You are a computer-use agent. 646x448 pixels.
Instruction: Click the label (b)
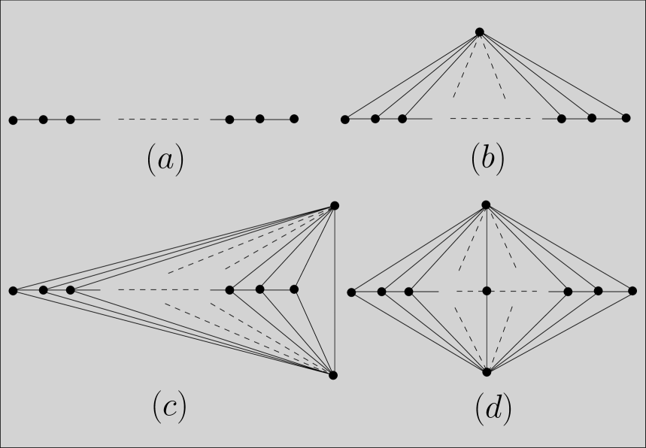[x=487, y=160]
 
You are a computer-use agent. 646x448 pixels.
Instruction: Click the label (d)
[x=493, y=409]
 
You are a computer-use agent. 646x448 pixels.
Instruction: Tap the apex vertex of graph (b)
[x=479, y=32]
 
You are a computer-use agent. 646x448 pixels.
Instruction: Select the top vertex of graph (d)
[x=486, y=204]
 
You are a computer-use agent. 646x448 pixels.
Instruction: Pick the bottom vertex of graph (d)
[x=487, y=372]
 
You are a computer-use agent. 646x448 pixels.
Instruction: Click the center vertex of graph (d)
[x=487, y=290]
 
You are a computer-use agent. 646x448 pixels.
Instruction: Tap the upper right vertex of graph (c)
[x=335, y=205]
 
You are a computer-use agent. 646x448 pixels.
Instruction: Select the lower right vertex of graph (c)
[x=334, y=375]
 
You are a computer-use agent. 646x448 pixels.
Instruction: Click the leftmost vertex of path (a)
[x=13, y=120]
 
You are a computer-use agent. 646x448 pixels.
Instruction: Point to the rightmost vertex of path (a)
[x=294, y=119]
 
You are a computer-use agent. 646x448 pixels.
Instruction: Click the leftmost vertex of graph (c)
[x=13, y=290]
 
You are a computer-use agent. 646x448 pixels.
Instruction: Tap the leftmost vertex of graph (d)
[x=351, y=291]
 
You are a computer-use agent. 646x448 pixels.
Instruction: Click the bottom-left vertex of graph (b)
[x=345, y=119]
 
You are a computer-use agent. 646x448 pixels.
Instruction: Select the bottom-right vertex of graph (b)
[x=626, y=118]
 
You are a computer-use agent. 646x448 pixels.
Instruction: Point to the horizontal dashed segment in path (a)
[x=159, y=120]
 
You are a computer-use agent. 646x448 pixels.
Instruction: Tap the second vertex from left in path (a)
[x=44, y=120]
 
